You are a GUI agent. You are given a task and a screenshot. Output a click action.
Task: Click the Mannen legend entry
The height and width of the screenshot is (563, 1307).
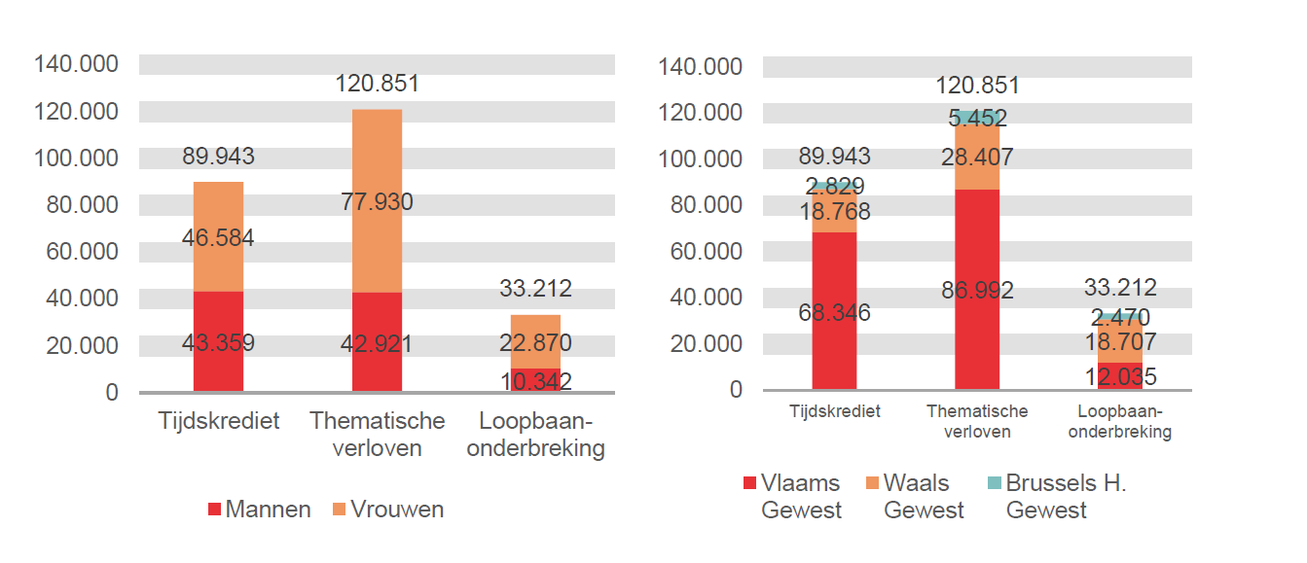point(259,510)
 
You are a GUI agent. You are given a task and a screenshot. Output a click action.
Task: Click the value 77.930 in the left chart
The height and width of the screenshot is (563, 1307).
point(377,202)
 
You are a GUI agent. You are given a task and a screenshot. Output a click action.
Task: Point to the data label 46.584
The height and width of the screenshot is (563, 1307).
point(218,238)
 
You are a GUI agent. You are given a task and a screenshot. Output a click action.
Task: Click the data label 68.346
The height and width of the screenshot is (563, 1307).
point(834,313)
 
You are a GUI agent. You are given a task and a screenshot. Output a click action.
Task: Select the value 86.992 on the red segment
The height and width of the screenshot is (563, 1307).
point(977,290)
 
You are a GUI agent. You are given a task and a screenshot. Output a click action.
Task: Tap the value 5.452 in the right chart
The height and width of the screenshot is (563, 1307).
point(977,119)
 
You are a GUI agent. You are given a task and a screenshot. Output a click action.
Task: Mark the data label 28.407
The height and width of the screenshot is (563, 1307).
point(977,157)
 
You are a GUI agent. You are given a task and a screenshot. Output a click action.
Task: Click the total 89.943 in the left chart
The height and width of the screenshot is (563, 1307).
point(218,157)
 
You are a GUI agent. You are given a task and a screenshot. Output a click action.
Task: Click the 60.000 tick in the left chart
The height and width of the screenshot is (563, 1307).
point(76,251)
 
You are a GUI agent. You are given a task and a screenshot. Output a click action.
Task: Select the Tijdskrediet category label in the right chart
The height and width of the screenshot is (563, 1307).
point(834,411)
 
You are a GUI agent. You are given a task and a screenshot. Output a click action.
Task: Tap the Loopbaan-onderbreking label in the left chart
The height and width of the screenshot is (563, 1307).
point(535,435)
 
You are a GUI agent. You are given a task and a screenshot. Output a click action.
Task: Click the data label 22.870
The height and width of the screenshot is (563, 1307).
point(535,342)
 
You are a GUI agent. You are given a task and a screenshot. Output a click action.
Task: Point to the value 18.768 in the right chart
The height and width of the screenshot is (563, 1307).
point(834,211)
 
